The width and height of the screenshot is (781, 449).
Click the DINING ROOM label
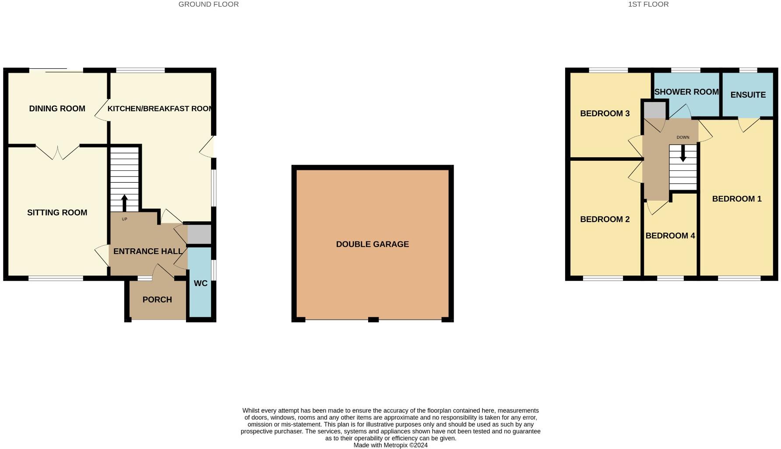click(57, 109)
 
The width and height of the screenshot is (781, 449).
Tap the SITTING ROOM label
click(57, 212)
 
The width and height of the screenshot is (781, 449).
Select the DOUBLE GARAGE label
click(372, 244)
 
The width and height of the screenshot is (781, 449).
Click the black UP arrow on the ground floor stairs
click(124, 203)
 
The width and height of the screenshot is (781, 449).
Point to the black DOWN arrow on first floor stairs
click(683, 153)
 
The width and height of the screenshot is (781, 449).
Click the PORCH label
click(157, 300)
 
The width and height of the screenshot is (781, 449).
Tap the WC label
click(201, 283)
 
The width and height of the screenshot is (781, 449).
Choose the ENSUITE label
click(748, 95)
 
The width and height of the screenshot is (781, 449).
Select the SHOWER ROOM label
click(686, 92)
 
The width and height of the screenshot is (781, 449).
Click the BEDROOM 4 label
click(670, 236)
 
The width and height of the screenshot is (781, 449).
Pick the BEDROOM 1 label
click(737, 199)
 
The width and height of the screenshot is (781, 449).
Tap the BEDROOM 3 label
click(605, 113)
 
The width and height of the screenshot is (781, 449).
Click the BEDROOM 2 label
click(605, 219)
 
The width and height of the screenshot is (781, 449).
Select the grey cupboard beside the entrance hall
click(199, 234)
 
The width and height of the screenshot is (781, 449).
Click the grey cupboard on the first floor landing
click(654, 110)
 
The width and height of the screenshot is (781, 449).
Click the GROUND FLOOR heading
click(208, 4)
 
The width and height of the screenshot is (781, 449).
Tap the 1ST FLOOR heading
click(648, 4)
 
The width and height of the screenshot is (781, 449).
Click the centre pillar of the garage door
click(373, 319)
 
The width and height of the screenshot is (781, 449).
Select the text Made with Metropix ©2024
click(390, 445)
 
